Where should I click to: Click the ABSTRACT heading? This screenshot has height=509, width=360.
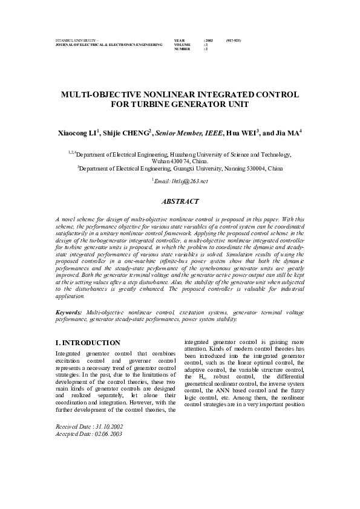(x=180, y=200)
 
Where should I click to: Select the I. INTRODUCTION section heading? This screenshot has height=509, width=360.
(x=83, y=343)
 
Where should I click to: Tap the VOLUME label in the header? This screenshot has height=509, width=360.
(x=182, y=44)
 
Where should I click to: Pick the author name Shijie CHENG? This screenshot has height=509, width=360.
(x=131, y=132)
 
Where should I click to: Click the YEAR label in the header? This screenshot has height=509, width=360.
(x=179, y=39)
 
